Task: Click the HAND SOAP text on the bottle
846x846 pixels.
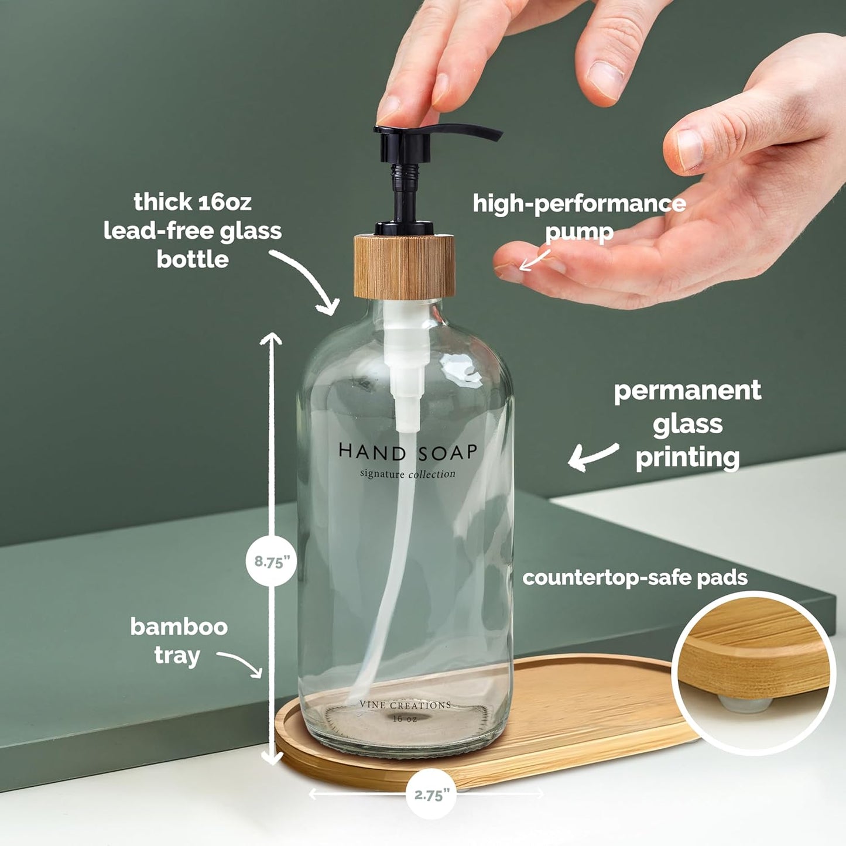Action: click(x=407, y=451)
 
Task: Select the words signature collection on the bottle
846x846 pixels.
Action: click(x=407, y=474)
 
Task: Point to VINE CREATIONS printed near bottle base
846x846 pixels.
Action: click(x=405, y=705)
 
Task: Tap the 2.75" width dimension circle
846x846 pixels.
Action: click(x=431, y=794)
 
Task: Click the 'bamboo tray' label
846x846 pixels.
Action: click(x=179, y=641)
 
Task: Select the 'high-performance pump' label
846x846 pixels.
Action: click(x=579, y=217)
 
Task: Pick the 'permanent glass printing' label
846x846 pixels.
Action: click(x=687, y=424)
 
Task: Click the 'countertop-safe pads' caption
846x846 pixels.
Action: click(x=635, y=578)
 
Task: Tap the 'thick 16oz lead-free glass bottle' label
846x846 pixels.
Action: click(x=193, y=231)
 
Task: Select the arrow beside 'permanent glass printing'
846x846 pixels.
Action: click(x=592, y=456)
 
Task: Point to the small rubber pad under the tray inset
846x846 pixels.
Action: click(x=743, y=703)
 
